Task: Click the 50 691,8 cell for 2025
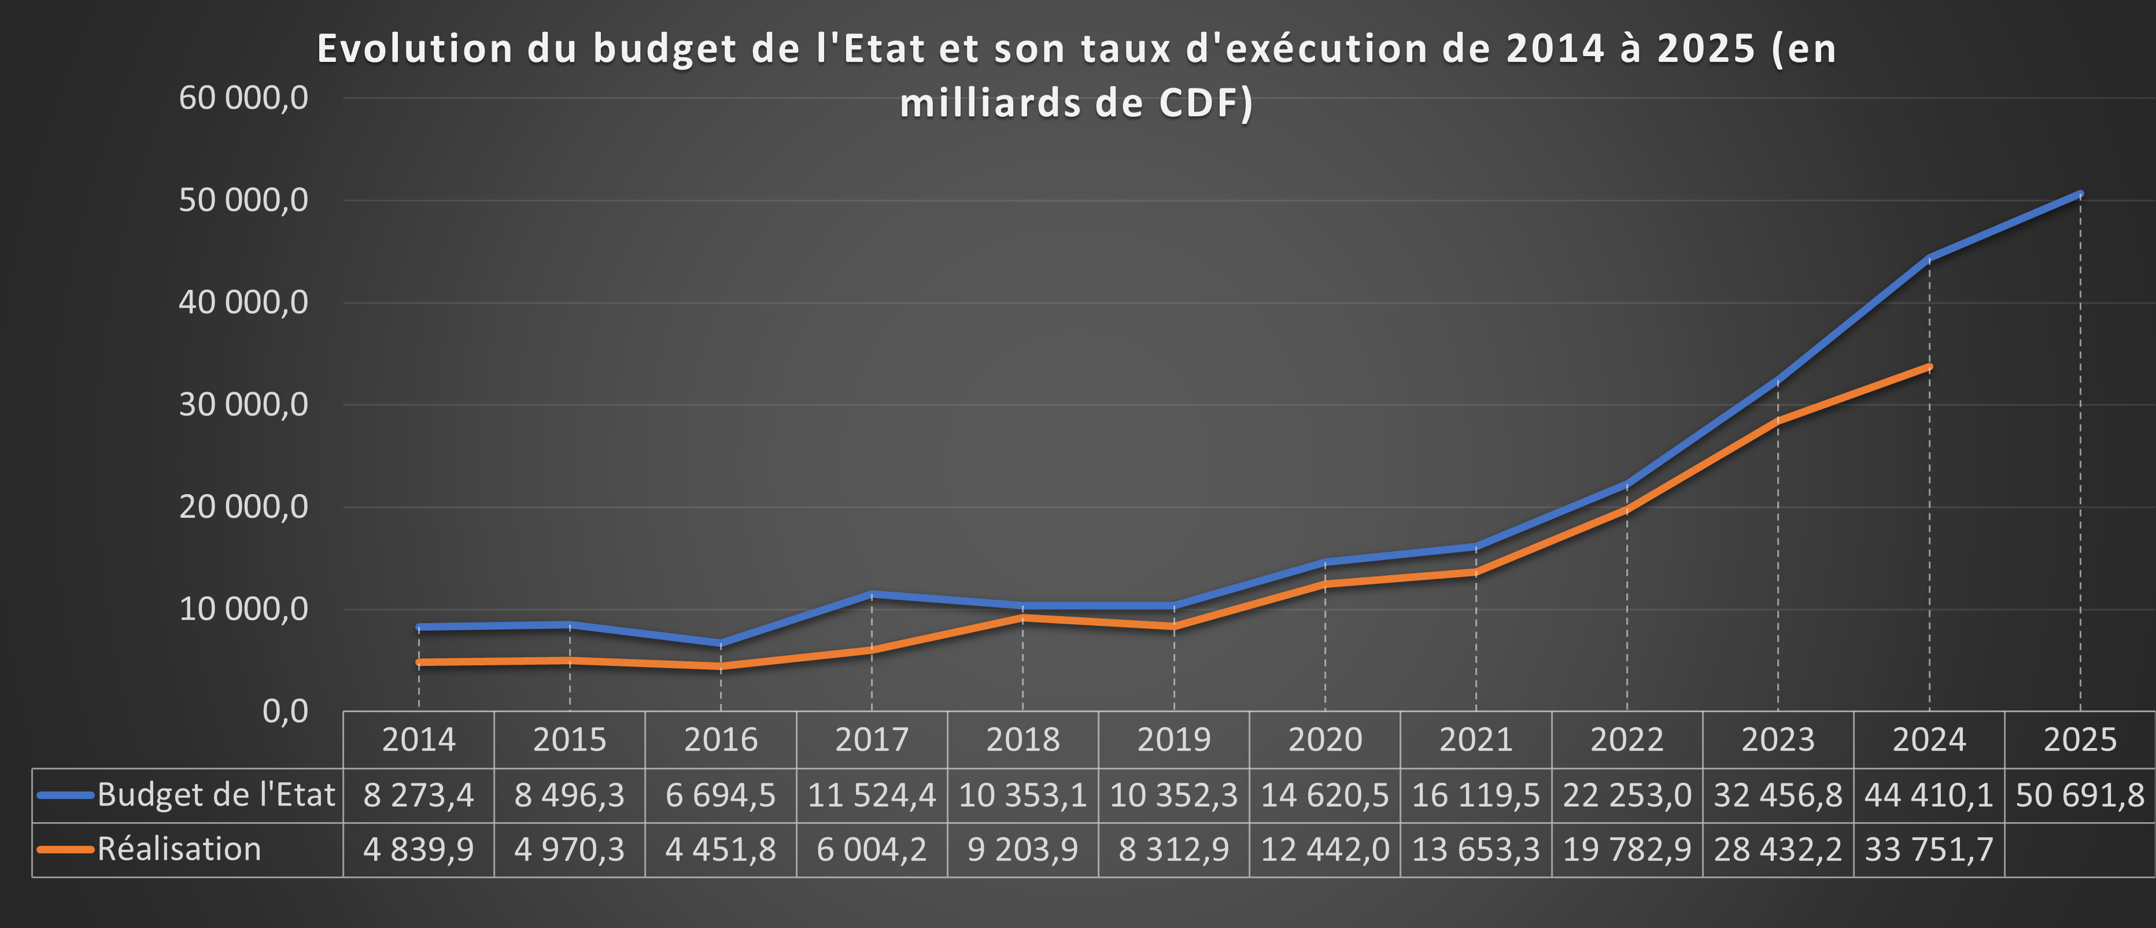coord(2080,795)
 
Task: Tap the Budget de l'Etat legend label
coord(215,795)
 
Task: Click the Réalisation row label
coord(179,849)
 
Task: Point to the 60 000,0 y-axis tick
coord(243,98)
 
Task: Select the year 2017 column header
coord(872,739)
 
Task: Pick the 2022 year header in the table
coord(1626,739)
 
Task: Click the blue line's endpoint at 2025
coord(2080,194)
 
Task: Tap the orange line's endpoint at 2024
coord(1929,367)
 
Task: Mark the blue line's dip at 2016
coord(721,643)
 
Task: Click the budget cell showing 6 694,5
coord(721,795)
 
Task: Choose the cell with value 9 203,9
coord(1022,849)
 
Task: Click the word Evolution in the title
coord(414,49)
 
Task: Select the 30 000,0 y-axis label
coord(243,404)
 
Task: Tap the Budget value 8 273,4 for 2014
coord(419,795)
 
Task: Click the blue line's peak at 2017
coord(872,594)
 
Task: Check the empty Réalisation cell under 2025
coord(2080,849)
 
